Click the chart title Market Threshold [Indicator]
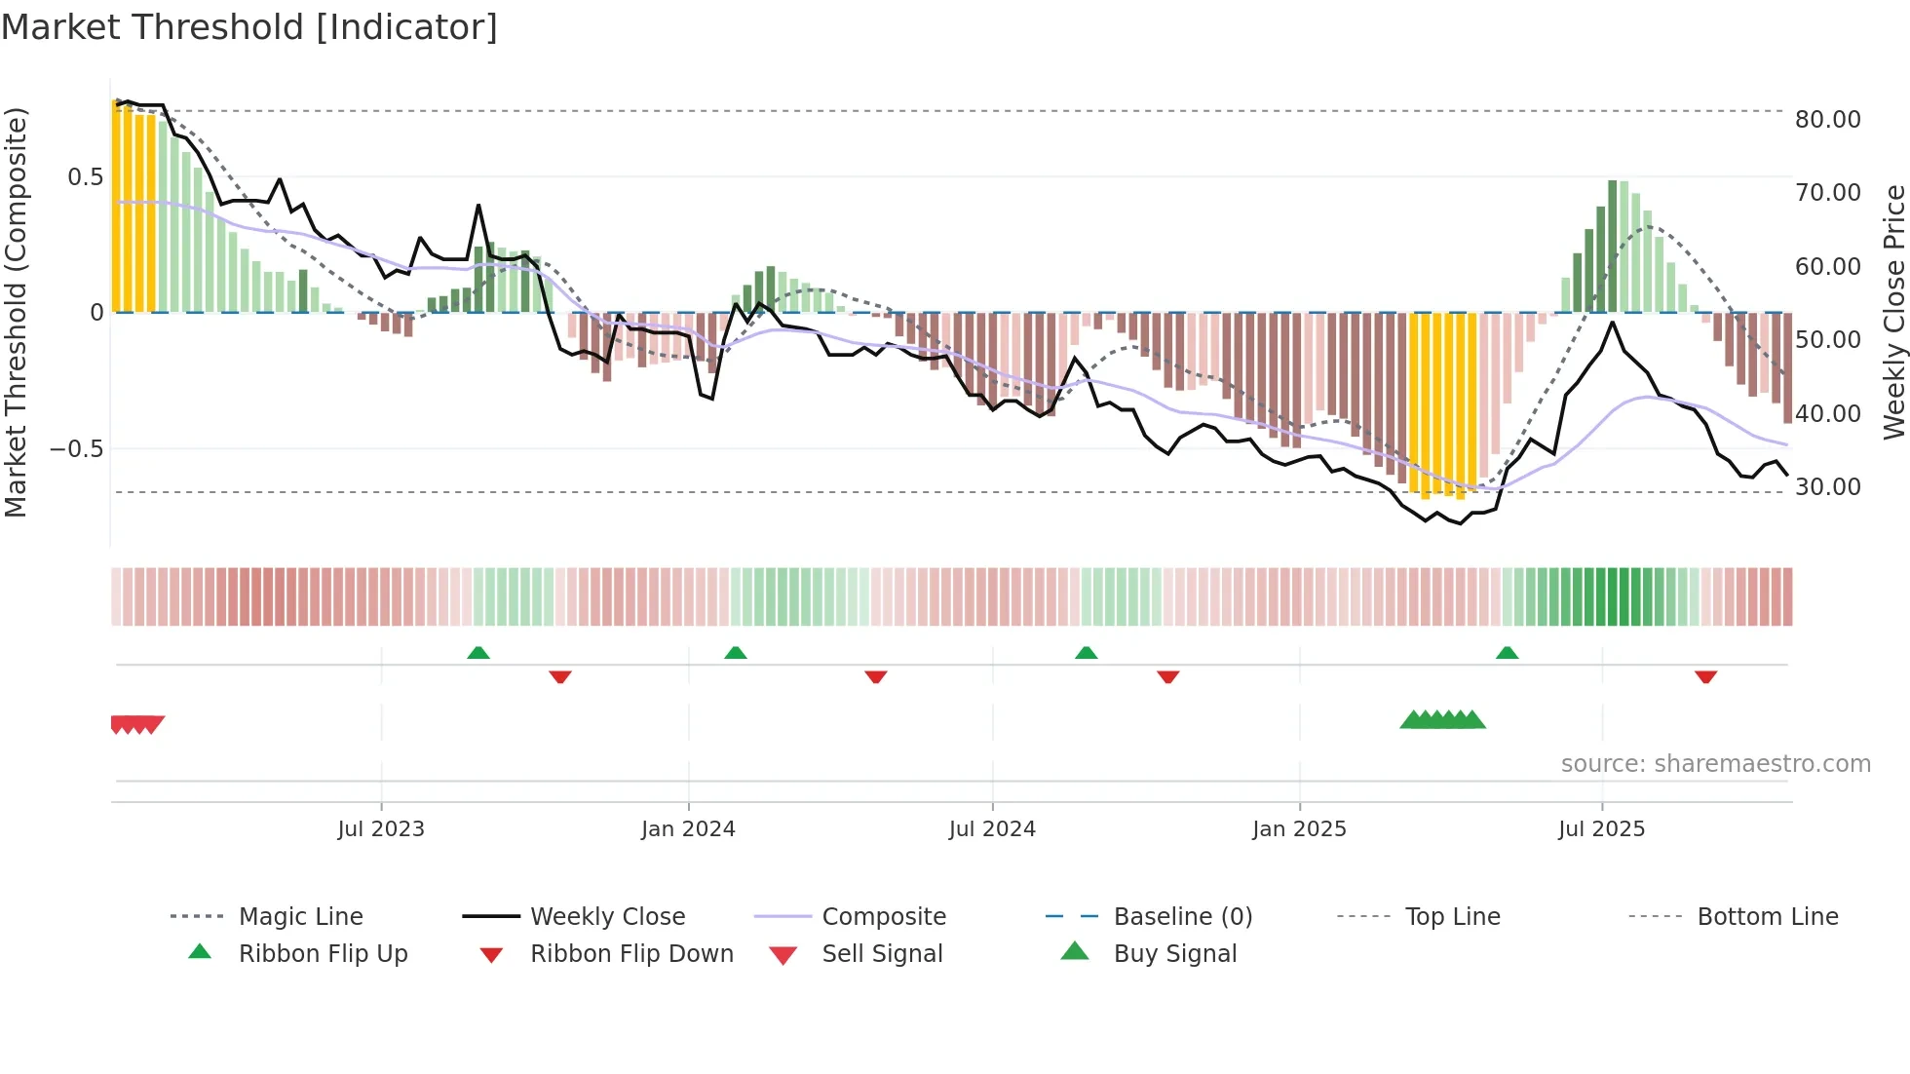249,27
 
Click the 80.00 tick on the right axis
1827,120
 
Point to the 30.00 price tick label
1827,487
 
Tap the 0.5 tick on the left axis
85,177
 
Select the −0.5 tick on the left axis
77,449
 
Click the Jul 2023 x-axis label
381,829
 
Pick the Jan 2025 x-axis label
1299,829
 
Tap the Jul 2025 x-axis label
1601,829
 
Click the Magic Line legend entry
300,917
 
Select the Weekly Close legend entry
607,917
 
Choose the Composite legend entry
884,917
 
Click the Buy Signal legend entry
1174,954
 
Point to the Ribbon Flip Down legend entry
631,954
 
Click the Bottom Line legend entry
1767,917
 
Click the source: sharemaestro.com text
1715,764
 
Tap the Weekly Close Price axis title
1893,312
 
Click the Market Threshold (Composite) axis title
16,312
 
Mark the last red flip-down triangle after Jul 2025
1705,676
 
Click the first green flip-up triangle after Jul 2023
477,653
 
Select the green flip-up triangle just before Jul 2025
1507,653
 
